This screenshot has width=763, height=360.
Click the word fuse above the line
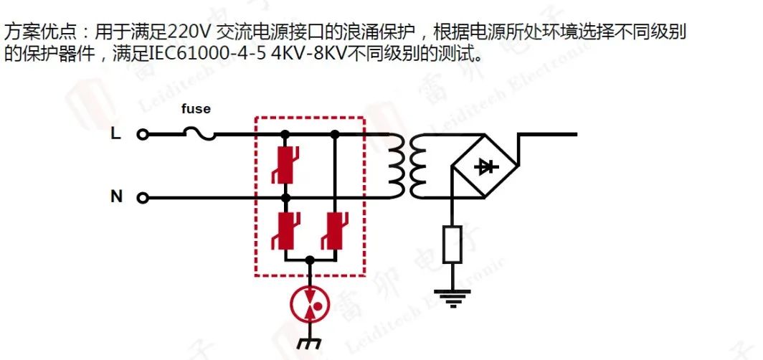tap(195, 109)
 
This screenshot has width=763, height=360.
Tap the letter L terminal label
tap(115, 133)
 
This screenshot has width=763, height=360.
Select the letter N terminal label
tap(116, 196)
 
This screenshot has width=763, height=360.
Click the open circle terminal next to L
tap(142, 134)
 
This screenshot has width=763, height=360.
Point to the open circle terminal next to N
tap(142, 198)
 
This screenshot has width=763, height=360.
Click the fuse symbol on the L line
tap(200, 133)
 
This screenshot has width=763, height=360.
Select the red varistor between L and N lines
tap(285, 166)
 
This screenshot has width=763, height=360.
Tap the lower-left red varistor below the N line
tap(285, 231)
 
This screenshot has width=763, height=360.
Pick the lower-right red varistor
tap(334, 231)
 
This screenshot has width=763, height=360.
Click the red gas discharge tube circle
tap(309, 305)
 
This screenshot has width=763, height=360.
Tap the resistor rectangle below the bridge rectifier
tap(452, 245)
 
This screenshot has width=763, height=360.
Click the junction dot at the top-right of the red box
tap(334, 133)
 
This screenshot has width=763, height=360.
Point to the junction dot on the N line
tap(285, 197)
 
